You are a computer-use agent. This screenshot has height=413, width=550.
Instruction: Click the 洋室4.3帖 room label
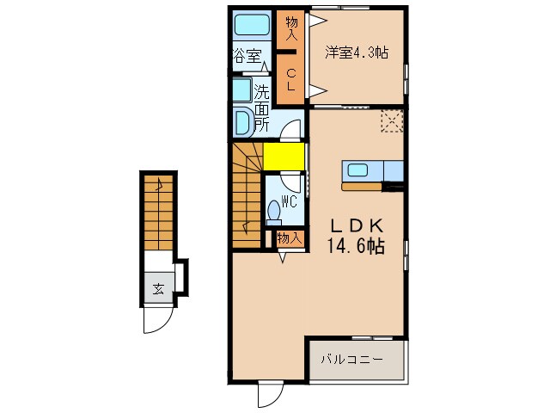356,52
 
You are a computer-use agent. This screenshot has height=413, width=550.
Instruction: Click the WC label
290,201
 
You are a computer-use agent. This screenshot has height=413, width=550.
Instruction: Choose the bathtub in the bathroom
251,24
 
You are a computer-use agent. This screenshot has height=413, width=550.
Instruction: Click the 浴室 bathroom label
247,57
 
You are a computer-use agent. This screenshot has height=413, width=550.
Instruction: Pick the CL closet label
290,78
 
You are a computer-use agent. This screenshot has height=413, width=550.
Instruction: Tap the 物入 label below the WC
289,239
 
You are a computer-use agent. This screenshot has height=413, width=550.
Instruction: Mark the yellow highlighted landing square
283,157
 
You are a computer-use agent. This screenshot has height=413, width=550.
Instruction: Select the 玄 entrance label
158,289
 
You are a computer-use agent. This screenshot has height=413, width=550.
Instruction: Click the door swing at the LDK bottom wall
270,394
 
